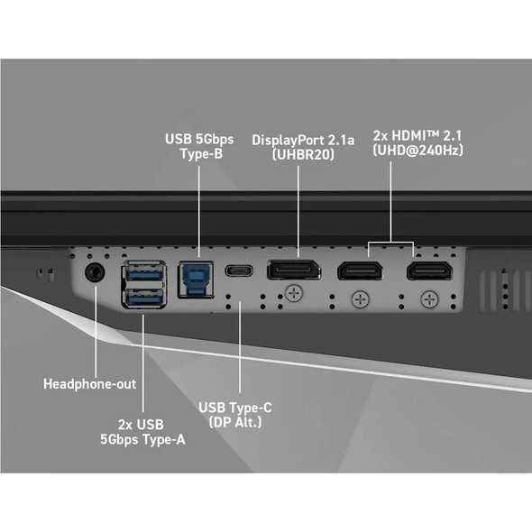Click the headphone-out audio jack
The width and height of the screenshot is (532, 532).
[95, 272]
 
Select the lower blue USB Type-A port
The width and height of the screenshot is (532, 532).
[144, 298]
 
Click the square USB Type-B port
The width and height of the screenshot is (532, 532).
[196, 280]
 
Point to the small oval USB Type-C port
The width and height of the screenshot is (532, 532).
[239, 271]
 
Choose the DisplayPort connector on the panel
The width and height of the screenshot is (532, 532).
[294, 271]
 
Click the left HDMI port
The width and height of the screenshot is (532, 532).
[360, 271]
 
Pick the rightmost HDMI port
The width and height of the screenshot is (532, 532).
[429, 271]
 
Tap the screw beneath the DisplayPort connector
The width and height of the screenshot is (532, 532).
[294, 293]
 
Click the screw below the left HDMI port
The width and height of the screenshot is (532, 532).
[361, 299]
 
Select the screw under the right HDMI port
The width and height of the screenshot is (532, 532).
[429, 299]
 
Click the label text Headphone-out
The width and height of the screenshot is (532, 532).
[90, 384]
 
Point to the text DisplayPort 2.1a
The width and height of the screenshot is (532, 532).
[303, 140]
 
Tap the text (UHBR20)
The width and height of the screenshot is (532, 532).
[303, 155]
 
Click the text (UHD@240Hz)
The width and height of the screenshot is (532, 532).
[417, 150]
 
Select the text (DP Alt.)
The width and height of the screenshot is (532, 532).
[235, 422]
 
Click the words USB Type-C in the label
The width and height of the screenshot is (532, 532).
[235, 408]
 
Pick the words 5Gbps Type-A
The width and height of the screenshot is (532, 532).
[142, 440]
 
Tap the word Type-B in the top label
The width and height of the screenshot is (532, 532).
[202, 153]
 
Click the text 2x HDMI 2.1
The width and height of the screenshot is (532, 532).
[417, 136]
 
